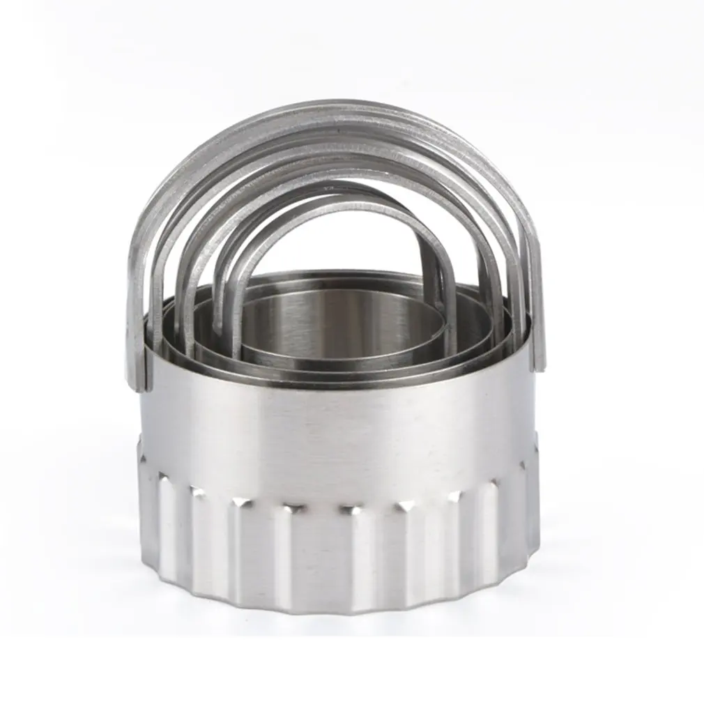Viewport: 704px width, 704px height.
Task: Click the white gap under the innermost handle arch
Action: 335,244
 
